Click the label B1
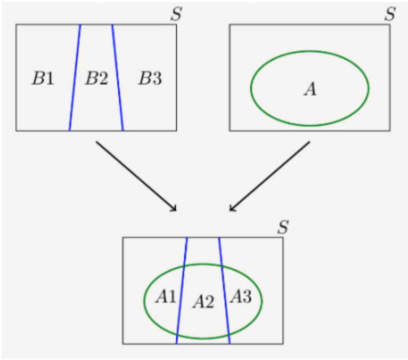(43, 78)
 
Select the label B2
(96, 78)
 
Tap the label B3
(150, 78)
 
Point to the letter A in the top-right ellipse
(310, 89)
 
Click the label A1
(166, 297)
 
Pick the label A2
(203, 302)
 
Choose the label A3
(241, 297)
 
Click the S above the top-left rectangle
(176, 14)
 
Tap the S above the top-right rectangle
(390, 14)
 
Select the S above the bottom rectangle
(283, 227)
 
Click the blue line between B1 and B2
(75, 78)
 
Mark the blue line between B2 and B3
(118, 78)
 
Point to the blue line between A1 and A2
(182, 291)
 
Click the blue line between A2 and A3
(224, 291)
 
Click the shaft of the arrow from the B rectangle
(136, 176)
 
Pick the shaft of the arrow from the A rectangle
(270, 176)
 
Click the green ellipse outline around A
(310, 51)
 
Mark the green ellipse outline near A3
(262, 301)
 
